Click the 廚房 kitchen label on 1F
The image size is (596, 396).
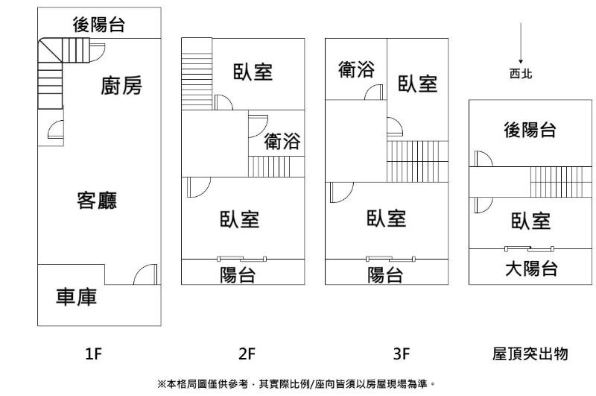121,86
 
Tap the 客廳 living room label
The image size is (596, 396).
97,201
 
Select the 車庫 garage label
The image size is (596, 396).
77,297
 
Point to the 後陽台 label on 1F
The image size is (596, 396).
99,25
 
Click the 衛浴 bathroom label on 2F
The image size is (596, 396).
282,141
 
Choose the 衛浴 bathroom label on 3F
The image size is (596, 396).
356,69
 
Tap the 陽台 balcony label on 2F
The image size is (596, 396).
238,274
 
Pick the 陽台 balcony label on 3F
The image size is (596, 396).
385,274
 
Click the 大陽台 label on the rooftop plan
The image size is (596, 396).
531,268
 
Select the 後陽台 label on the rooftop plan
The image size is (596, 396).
530,130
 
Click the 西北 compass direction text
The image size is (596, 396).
521,73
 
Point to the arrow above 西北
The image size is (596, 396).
521,43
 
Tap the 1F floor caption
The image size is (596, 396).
94,354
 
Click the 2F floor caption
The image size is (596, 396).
247,354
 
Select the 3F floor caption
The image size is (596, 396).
402,354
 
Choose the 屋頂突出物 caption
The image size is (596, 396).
530,353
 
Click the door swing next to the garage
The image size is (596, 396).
145,274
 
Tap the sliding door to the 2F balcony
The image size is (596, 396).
241,259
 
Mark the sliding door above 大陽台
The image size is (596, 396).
529,249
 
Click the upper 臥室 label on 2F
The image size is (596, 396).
253,72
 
